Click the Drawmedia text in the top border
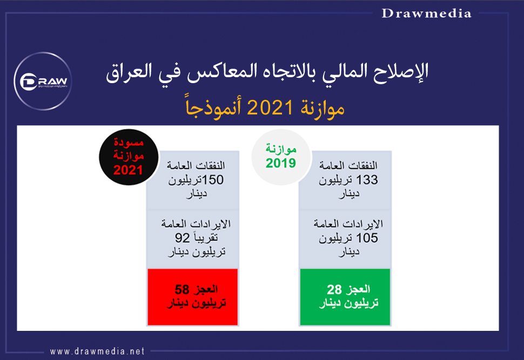[x=426, y=13]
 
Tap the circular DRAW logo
[x=43, y=81]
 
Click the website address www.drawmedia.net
[x=97, y=351]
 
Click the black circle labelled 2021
[x=129, y=157]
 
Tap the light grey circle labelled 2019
[x=281, y=157]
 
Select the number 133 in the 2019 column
[x=367, y=180]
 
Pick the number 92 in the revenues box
[x=183, y=238]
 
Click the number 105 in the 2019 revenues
[x=367, y=238]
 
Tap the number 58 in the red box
[x=182, y=289]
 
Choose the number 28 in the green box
[x=334, y=289]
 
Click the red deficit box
[x=193, y=297]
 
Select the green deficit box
[x=345, y=297]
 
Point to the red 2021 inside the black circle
[x=129, y=171]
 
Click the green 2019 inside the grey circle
[x=281, y=164]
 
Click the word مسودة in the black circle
[x=129, y=143]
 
